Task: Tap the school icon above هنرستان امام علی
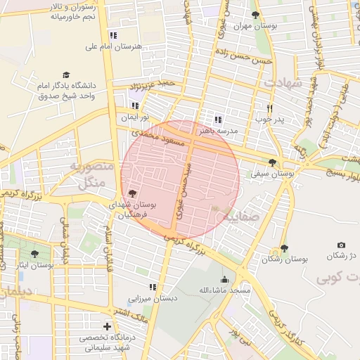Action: [x=113, y=35]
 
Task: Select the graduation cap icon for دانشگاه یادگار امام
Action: [x=66, y=74]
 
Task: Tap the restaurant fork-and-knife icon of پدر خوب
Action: [x=269, y=108]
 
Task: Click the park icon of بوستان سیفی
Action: [x=272, y=162]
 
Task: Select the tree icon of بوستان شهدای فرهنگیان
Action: [x=132, y=192]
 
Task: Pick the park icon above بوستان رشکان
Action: [x=284, y=248]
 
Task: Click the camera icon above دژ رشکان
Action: [x=342, y=244]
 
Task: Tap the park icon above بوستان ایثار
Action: [x=34, y=254]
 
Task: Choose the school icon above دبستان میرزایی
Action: [x=152, y=287]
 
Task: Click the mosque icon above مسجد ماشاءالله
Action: [x=225, y=279]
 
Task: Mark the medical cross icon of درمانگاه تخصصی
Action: [x=107, y=326]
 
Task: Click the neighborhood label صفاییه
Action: [x=240, y=217]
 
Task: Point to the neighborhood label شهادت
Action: [x=283, y=82]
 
